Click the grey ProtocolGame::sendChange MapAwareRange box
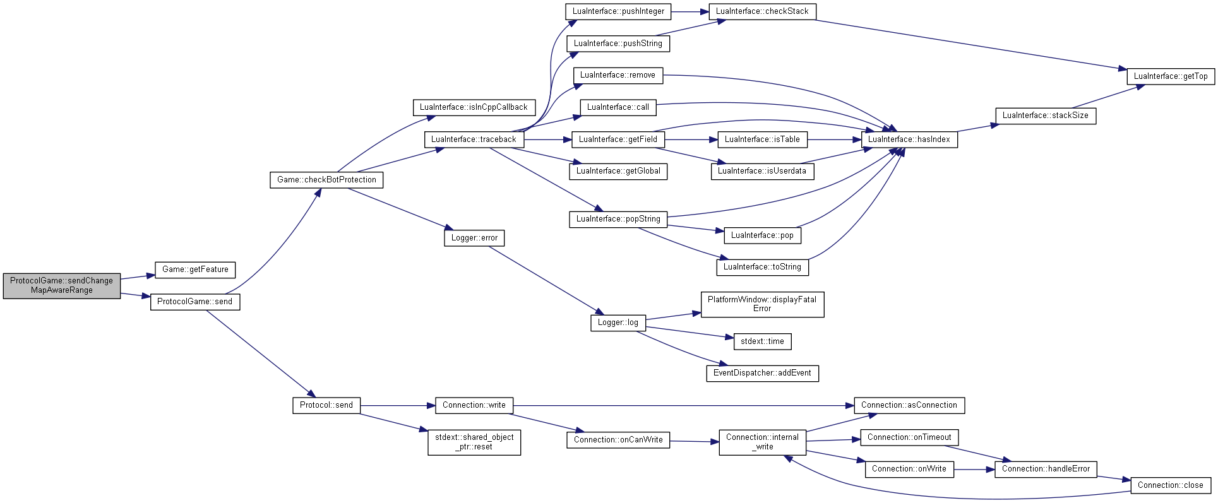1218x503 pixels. pyautogui.click(x=62, y=285)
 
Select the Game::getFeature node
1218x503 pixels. pyautogui.click(x=195, y=269)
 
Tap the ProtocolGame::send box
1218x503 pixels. pyautogui.click(x=195, y=302)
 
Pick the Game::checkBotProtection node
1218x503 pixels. pyautogui.click(x=326, y=180)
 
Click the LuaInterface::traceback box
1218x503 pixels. pyautogui.click(x=474, y=139)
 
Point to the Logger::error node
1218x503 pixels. pyautogui.click(x=474, y=238)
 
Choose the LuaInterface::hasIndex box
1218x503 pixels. pyautogui.click(x=909, y=139)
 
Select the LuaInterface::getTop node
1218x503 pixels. pyautogui.click(x=1171, y=76)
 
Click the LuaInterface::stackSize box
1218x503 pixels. pyautogui.click(x=1046, y=115)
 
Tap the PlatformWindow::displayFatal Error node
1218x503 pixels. pyautogui.click(x=762, y=304)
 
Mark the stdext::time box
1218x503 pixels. pyautogui.click(x=762, y=341)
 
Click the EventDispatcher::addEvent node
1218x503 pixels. pyautogui.click(x=762, y=373)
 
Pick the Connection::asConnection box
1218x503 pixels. pyautogui.click(x=909, y=405)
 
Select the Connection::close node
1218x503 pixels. pyautogui.click(x=1171, y=485)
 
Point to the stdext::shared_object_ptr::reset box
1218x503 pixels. pyautogui.click(x=474, y=442)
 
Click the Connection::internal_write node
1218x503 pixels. pyautogui.click(x=762, y=442)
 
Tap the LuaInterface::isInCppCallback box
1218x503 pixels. pyautogui.click(x=474, y=107)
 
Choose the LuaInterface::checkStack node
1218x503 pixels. pyautogui.click(x=762, y=11)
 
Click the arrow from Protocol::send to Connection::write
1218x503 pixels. pyautogui.click(x=398, y=405)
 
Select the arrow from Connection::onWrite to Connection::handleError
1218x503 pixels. pyautogui.click(x=974, y=470)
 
